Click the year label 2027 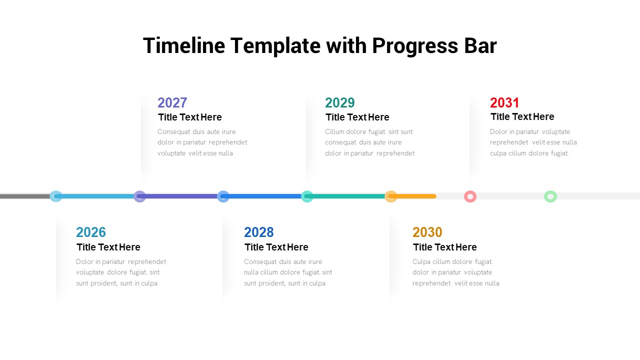point(172,102)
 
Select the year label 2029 point(339,102)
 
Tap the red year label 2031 point(504,102)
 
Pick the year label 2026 point(91,232)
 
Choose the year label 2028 point(259,232)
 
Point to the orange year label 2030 point(427,232)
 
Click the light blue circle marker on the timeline point(56,196)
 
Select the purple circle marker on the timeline point(139,196)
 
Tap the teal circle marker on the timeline point(307,196)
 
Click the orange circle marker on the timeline point(390,196)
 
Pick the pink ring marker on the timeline point(470,196)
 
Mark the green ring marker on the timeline point(550,196)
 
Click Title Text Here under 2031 point(522,116)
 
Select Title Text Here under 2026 point(108,247)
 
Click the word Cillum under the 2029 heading point(334,132)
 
